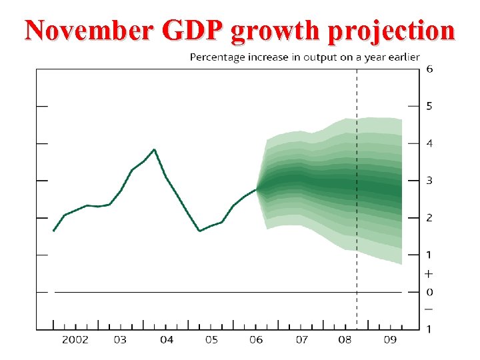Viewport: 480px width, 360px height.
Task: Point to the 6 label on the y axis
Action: pyautogui.click(x=429, y=69)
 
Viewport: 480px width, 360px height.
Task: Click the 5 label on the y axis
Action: pyautogui.click(x=429, y=106)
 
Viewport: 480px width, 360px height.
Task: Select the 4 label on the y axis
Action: pyautogui.click(x=429, y=143)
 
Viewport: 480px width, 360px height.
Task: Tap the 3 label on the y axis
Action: pyautogui.click(x=429, y=181)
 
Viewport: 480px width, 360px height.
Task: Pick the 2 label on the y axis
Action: pyautogui.click(x=429, y=218)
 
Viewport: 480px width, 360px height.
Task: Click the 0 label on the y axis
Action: pyautogui.click(x=429, y=292)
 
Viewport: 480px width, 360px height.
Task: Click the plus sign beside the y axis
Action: pyautogui.click(x=429, y=273)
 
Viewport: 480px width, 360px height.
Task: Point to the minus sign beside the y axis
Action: pyautogui.click(x=429, y=309)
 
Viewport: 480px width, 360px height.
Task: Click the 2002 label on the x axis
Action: pyautogui.click(x=75, y=340)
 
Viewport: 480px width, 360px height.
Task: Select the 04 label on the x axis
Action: pyautogui.click(x=167, y=340)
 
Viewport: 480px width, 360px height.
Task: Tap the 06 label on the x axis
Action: pyautogui.click(x=256, y=340)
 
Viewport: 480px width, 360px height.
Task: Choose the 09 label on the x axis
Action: pyautogui.click(x=390, y=340)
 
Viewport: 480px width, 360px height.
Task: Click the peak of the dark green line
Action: pyautogui.click(x=155, y=149)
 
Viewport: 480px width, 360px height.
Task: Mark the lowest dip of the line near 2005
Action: pyautogui.click(x=199, y=231)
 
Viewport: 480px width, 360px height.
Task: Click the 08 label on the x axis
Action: pyautogui.click(x=345, y=340)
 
